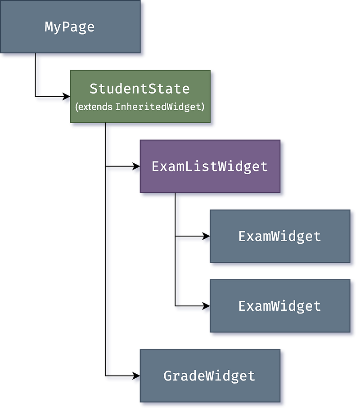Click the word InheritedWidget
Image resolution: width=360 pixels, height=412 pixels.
pos(159,107)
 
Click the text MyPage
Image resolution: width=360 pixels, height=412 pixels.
pos(70,27)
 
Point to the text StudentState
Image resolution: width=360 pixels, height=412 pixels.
pos(139,89)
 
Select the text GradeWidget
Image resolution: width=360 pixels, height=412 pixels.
pos(209,376)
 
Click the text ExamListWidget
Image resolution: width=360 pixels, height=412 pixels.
pos(210,166)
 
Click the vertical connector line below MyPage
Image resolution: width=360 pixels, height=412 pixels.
pos(38,76)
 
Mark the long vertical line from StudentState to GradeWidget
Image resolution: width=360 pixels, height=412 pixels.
pos(108,270)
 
